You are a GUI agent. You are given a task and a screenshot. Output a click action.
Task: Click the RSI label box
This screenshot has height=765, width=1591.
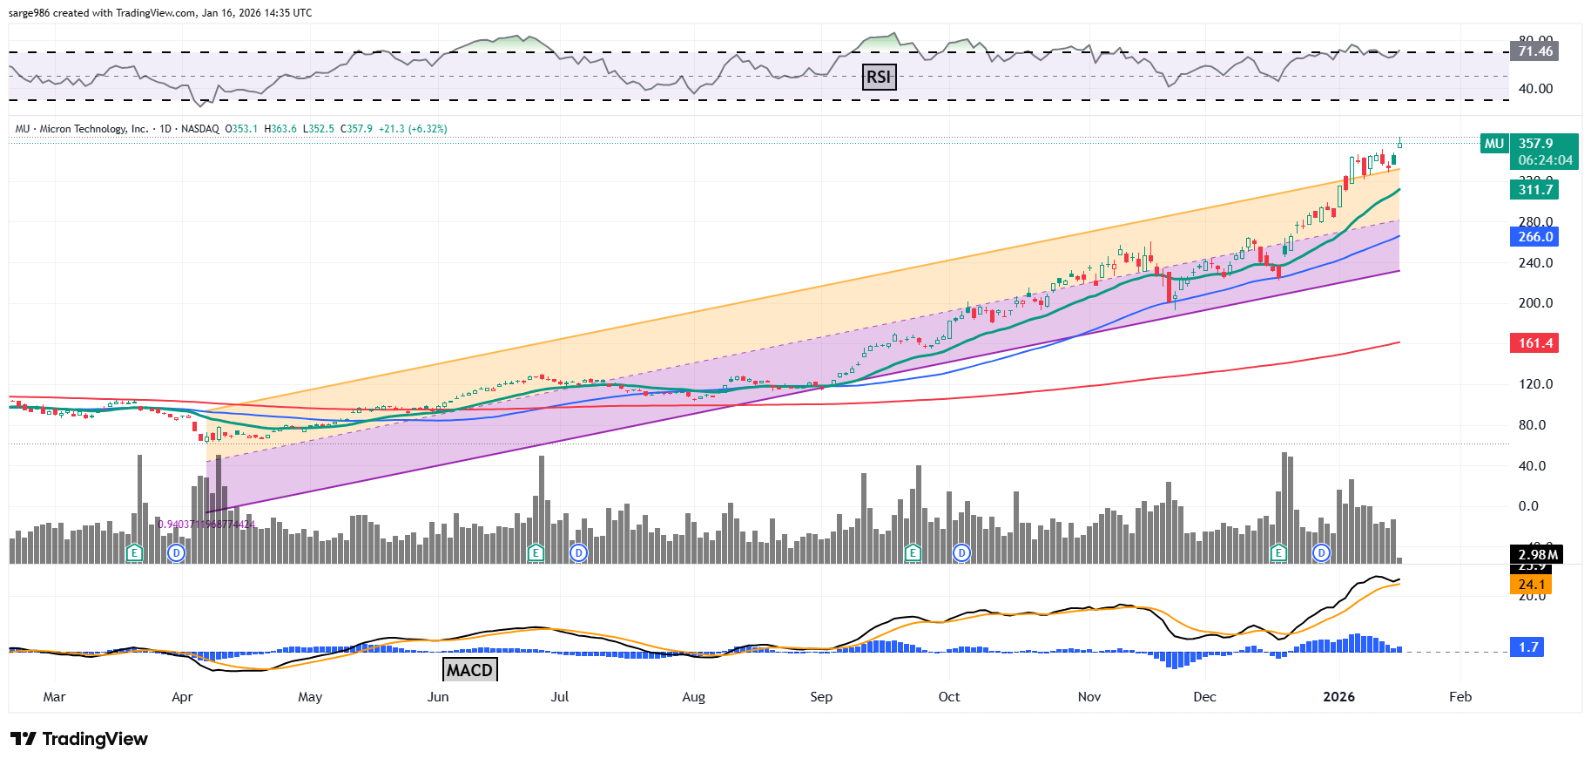click(x=879, y=77)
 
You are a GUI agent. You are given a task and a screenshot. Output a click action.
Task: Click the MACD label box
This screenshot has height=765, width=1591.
click(x=470, y=669)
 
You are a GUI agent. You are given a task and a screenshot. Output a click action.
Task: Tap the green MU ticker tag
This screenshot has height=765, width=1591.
click(x=1494, y=144)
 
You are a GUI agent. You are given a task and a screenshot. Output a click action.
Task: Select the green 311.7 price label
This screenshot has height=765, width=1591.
click(x=1534, y=190)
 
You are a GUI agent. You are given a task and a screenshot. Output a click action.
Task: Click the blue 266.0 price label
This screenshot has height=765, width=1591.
click(x=1534, y=237)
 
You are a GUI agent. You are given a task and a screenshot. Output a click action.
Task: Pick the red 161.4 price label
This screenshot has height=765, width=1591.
click(x=1534, y=343)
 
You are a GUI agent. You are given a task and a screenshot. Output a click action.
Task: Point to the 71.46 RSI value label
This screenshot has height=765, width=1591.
click(x=1534, y=51)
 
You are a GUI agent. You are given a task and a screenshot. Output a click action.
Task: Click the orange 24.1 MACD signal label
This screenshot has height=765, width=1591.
click(x=1531, y=585)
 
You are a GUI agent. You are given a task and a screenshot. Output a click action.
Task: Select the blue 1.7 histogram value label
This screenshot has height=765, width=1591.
click(x=1528, y=647)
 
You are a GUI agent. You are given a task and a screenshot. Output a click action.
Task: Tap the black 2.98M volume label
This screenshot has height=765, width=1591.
click(x=1537, y=555)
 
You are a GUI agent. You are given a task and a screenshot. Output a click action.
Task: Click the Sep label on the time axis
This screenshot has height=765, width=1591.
click(x=821, y=697)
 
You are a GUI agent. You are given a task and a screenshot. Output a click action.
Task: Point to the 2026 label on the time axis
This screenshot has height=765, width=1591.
click(x=1338, y=697)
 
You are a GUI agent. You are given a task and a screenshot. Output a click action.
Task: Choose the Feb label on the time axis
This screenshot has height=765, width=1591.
click(x=1460, y=697)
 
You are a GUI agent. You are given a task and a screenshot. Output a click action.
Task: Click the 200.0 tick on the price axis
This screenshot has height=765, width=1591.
click(x=1535, y=303)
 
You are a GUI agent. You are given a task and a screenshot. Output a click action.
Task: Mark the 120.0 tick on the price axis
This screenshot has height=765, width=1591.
click(x=1535, y=384)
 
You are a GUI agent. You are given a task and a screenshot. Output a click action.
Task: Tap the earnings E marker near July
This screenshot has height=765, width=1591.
click(x=536, y=552)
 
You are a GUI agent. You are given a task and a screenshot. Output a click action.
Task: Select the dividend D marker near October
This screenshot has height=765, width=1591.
click(x=961, y=552)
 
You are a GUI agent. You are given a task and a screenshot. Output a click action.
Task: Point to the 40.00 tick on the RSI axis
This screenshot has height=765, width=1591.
click(x=1535, y=89)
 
